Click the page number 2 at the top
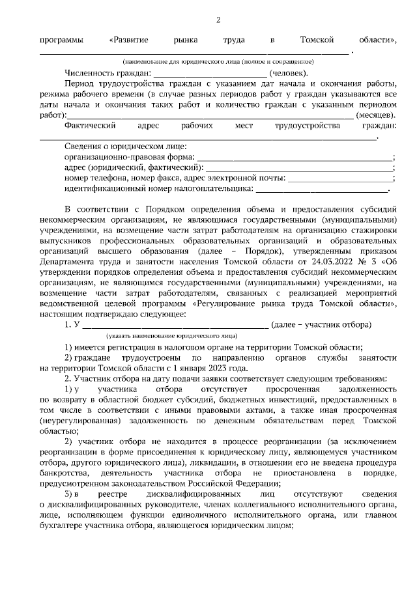tap(218, 20)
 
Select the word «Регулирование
tap(228, 302)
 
